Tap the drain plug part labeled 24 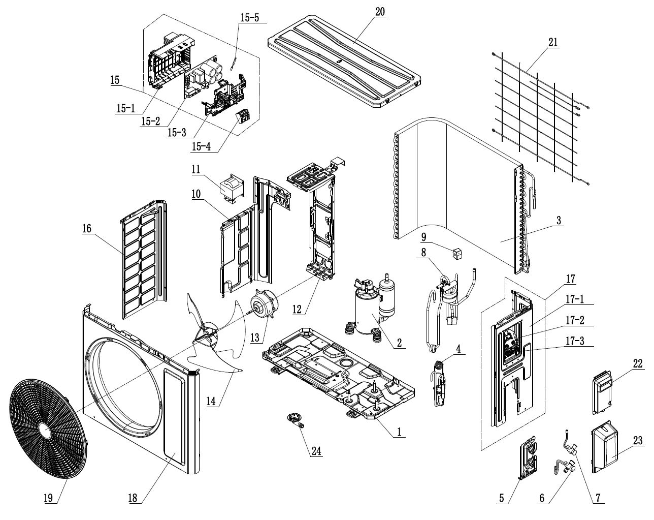coord(295,420)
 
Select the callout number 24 coord(317,451)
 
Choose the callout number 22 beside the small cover coord(638,363)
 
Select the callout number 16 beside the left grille coord(87,229)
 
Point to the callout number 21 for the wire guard coord(553,43)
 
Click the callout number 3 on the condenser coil coord(559,221)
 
